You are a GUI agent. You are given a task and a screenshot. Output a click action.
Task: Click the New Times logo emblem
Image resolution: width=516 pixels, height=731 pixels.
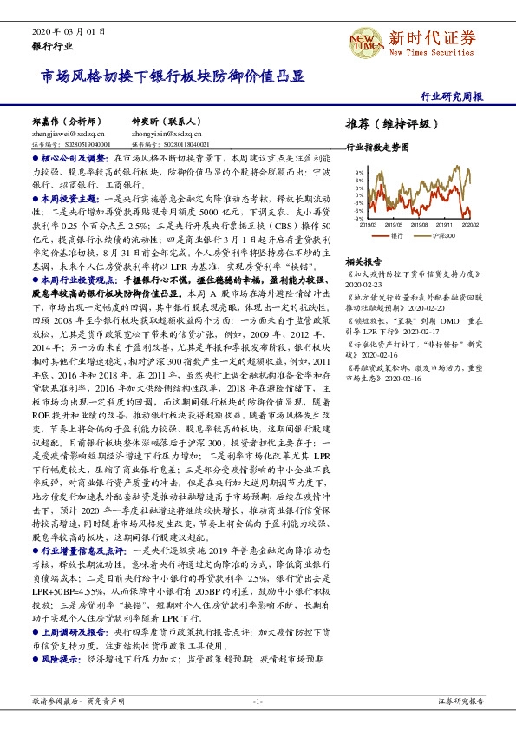coord(366,40)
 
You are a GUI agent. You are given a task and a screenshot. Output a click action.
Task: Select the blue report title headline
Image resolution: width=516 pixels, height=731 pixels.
coord(173,76)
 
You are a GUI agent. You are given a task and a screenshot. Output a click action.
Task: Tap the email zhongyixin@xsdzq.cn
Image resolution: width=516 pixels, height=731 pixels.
coord(162,134)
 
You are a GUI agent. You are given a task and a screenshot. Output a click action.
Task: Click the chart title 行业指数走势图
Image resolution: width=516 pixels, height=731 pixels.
coord(377,148)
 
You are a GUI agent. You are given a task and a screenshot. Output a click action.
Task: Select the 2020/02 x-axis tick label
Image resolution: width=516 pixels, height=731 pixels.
coord(471,224)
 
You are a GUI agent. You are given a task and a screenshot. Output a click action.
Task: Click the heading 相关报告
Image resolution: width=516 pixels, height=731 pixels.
coord(363,260)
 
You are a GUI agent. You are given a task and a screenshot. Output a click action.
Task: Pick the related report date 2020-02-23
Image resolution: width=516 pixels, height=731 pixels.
coord(363,283)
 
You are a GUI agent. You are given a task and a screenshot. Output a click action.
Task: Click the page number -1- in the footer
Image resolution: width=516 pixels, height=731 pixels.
coord(258,701)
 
